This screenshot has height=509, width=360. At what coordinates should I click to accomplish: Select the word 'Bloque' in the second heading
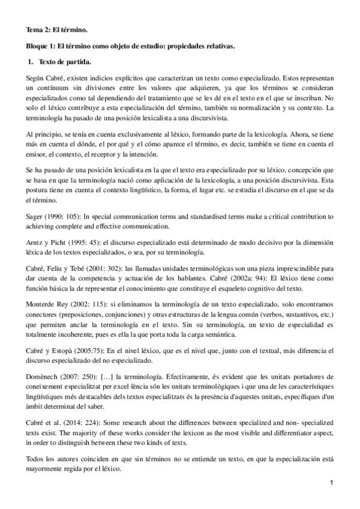tap(37, 46)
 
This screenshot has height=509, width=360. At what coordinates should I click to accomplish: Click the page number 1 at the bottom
tap(331, 483)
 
